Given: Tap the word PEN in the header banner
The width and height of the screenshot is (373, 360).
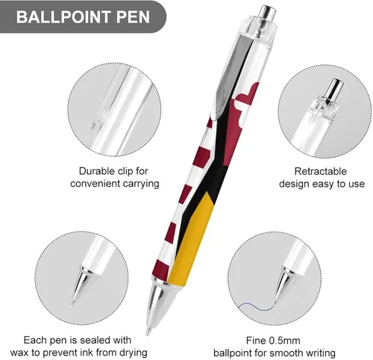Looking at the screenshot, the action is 133,17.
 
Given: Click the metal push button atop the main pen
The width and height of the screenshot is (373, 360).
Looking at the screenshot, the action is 267,13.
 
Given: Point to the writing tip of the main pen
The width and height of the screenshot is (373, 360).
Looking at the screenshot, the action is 148,332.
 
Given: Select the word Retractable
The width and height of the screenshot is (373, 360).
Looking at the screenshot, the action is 321,171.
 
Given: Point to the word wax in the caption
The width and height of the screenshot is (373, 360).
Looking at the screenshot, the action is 19,353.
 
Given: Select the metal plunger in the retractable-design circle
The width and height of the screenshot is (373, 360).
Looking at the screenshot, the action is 334,90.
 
